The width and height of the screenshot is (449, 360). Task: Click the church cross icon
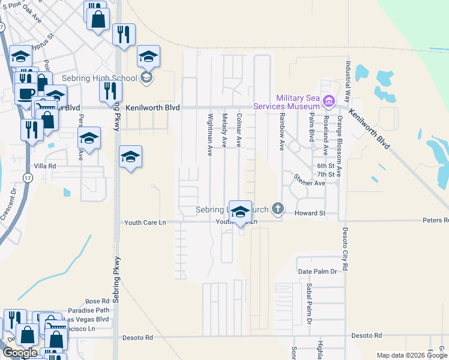(x=277, y=209)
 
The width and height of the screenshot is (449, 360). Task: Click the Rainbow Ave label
(x=280, y=133)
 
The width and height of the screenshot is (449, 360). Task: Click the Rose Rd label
(x=97, y=301)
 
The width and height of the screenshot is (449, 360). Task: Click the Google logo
(x=19, y=353)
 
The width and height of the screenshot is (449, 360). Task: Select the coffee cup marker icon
(x=25, y=94)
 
